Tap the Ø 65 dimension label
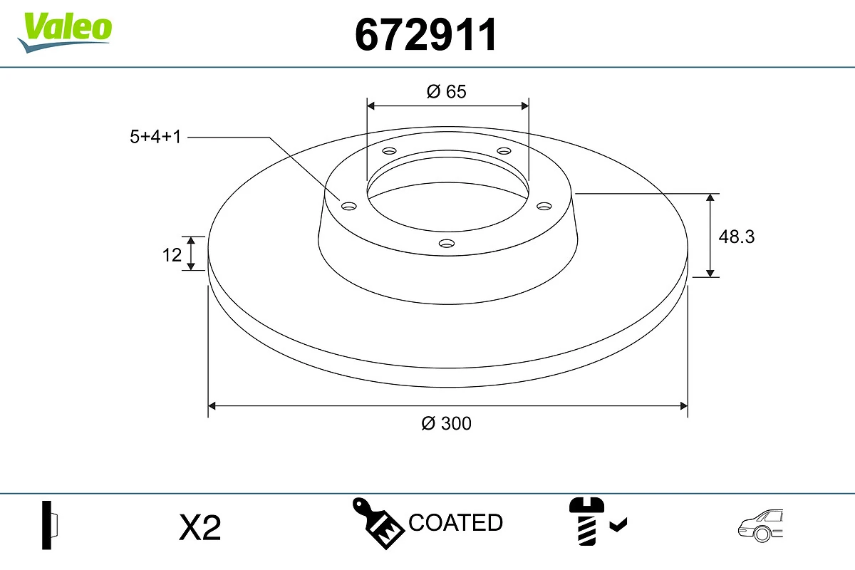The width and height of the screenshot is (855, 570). [x=447, y=91]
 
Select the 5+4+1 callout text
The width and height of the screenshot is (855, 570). [x=153, y=137]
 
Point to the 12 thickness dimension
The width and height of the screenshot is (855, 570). [x=172, y=254]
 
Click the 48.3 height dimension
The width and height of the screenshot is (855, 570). [x=736, y=236]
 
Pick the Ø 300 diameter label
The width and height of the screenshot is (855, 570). [x=447, y=423]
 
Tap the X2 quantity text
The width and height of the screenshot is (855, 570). [x=200, y=528]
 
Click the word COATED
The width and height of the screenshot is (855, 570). [x=455, y=523]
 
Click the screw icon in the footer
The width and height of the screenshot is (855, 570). [x=586, y=523]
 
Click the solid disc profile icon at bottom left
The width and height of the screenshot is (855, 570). [x=49, y=524]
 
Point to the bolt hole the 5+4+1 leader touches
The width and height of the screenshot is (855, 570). [x=348, y=206]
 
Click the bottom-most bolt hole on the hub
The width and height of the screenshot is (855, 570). [x=447, y=244]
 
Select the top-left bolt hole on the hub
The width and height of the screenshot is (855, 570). [x=389, y=151]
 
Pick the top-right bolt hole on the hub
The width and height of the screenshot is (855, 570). [x=504, y=151]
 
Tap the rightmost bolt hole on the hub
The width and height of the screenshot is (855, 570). [x=544, y=206]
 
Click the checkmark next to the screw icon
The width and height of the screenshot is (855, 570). [x=618, y=526]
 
